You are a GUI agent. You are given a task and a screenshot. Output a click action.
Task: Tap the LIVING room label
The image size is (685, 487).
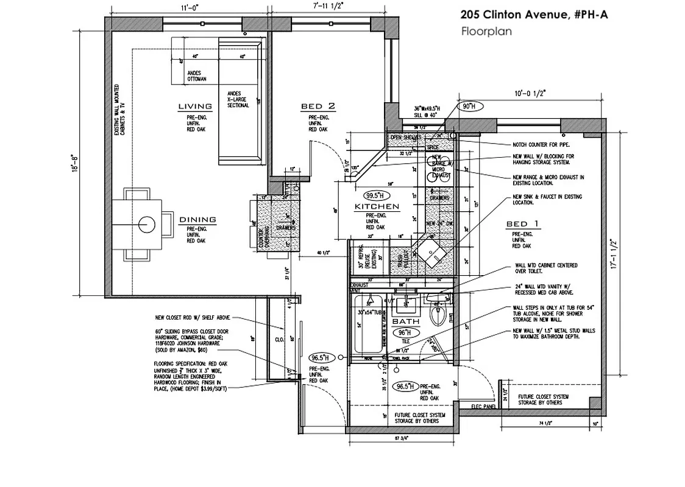(195, 107)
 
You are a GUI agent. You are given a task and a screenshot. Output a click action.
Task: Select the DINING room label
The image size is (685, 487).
(197, 219)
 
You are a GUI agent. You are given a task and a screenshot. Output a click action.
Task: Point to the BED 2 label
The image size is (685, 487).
(318, 107)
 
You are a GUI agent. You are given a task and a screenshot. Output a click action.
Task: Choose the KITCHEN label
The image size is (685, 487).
(377, 207)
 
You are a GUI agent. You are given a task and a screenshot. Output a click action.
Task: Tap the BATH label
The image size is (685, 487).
(405, 321)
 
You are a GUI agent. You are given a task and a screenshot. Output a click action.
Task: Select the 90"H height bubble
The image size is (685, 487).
(468, 107)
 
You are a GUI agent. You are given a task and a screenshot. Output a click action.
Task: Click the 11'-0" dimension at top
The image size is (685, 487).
(190, 8)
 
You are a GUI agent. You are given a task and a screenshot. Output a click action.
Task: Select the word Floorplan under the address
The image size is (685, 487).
(486, 30)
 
